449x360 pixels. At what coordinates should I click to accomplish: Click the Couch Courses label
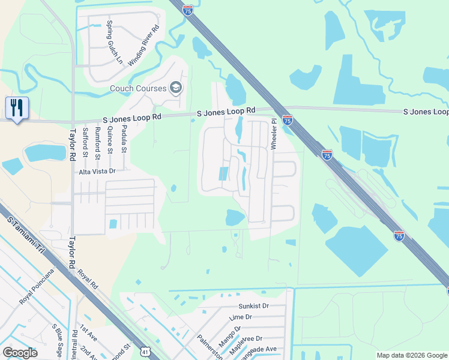click(x=137, y=88)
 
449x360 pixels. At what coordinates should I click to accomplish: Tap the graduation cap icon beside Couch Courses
click(x=176, y=88)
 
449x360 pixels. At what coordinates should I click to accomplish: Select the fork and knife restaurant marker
click(x=17, y=108)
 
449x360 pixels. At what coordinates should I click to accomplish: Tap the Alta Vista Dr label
click(x=97, y=171)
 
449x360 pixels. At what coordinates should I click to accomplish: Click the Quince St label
click(x=109, y=141)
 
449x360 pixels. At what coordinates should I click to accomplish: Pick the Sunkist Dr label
click(x=253, y=305)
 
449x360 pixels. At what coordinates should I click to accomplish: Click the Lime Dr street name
click(x=240, y=317)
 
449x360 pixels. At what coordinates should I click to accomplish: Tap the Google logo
click(x=20, y=353)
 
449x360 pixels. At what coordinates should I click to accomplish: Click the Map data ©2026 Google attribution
click(x=411, y=355)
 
